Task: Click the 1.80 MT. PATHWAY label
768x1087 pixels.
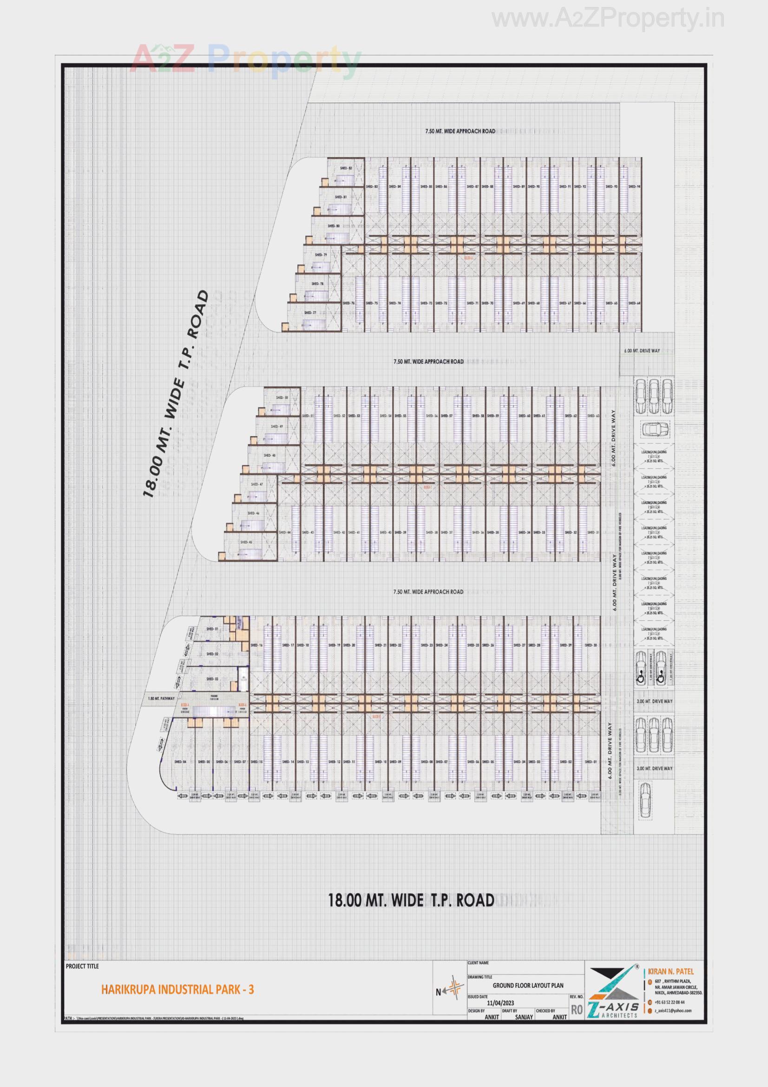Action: (x=161, y=698)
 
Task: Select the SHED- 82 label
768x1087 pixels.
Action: (x=346, y=168)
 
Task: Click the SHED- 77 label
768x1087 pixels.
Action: (x=310, y=313)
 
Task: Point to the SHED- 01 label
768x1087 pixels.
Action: (x=211, y=629)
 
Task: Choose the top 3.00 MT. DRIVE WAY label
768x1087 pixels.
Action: (x=655, y=701)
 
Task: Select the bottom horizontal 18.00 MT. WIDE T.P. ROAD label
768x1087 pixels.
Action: (x=411, y=901)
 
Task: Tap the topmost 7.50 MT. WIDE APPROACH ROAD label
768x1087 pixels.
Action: (x=460, y=131)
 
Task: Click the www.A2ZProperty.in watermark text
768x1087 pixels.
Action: (x=608, y=19)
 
